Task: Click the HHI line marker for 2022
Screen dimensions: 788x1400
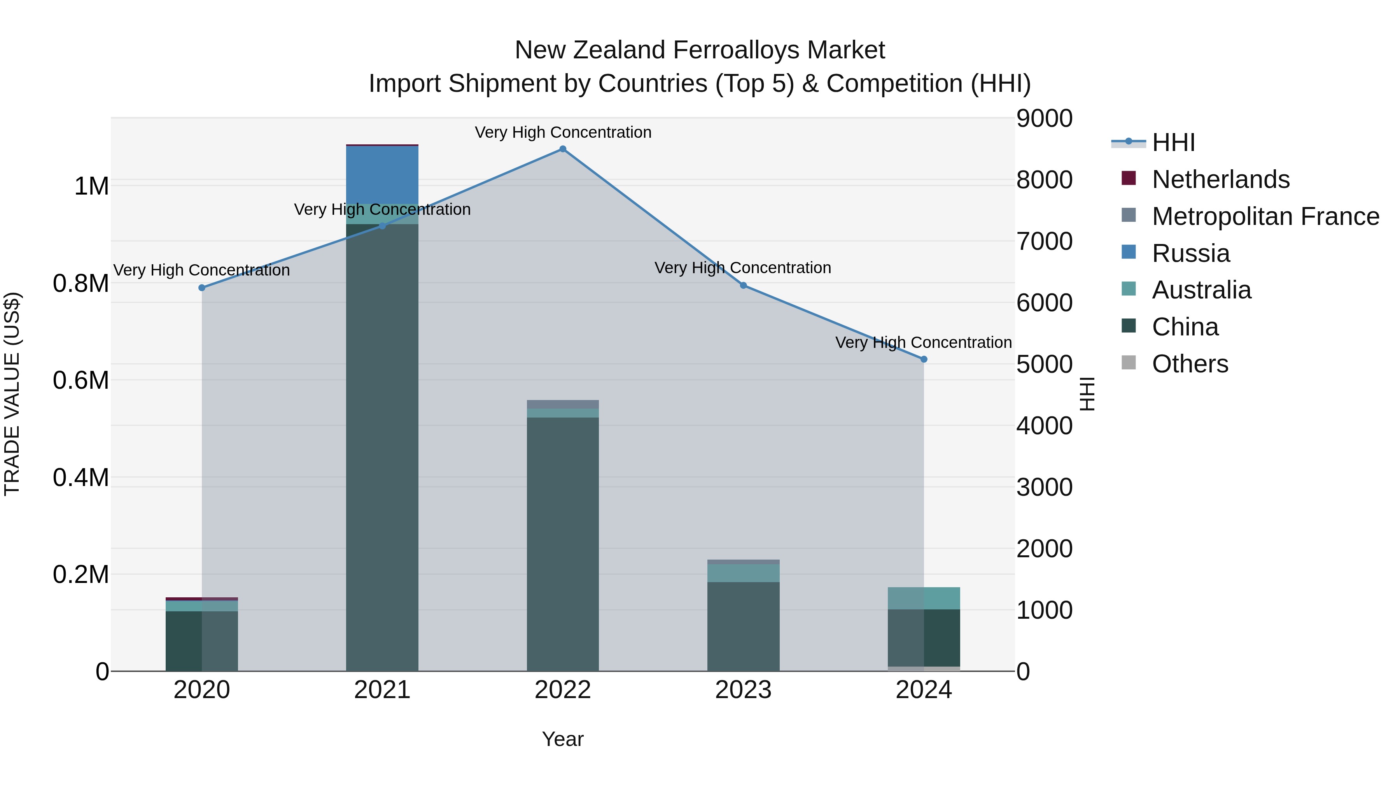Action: pos(562,149)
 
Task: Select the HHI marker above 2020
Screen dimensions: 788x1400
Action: pos(201,288)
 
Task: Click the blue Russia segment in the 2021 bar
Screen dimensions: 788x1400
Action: pos(382,175)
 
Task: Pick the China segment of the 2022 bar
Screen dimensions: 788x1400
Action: pos(562,544)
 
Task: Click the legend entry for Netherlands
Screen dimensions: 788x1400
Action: pos(1220,179)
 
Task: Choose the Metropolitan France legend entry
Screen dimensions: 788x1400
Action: pos(1265,216)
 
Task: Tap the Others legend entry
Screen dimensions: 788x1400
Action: pos(1190,364)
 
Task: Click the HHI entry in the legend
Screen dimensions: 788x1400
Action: pos(1173,142)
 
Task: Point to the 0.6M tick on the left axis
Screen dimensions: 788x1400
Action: pos(81,380)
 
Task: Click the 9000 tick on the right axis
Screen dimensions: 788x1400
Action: pos(1044,119)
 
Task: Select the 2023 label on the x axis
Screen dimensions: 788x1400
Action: pos(743,690)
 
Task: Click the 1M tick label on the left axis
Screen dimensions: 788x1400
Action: pos(91,186)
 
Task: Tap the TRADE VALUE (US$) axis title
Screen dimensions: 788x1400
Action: pos(12,394)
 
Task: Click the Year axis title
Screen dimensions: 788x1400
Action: pos(562,739)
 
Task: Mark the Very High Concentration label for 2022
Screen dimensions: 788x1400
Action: pos(562,132)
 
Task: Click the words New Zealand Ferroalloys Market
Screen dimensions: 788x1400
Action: pos(700,50)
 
